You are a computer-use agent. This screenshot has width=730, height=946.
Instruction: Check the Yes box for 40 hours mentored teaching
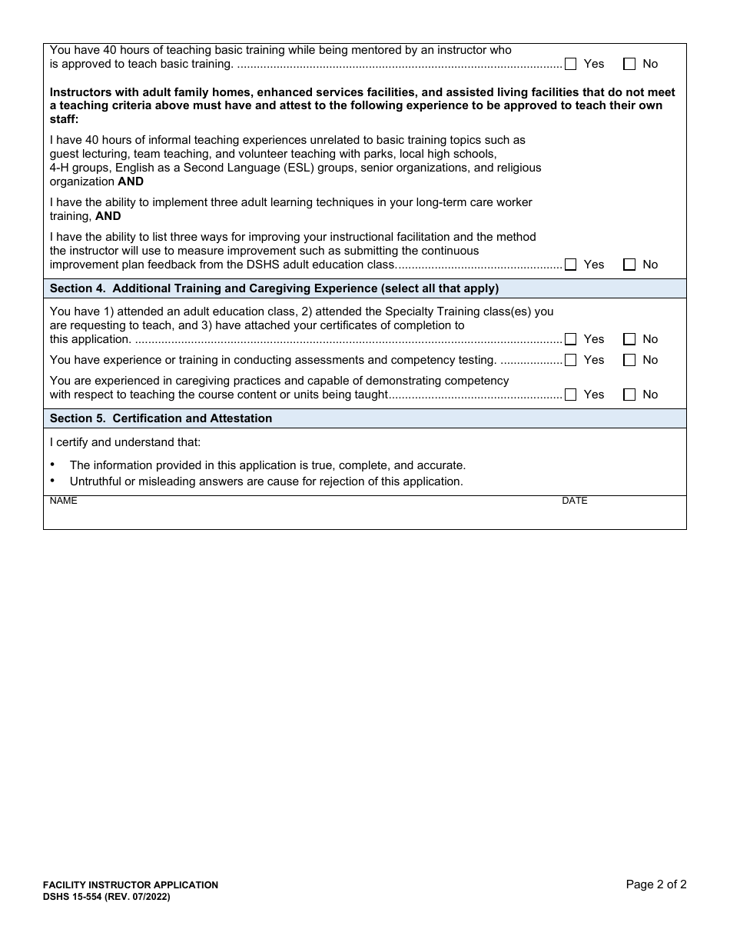(570, 65)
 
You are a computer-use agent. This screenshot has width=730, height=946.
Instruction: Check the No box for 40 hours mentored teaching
(629, 65)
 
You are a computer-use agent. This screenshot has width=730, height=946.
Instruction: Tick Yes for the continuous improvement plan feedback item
(570, 265)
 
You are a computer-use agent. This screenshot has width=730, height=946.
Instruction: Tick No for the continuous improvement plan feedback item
(629, 265)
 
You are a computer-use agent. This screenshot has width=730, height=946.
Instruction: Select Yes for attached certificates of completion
(570, 339)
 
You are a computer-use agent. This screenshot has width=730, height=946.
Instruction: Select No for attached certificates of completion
(629, 339)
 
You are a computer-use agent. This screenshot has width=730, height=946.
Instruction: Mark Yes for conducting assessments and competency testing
(570, 360)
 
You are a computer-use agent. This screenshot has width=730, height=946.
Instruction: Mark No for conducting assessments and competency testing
(629, 360)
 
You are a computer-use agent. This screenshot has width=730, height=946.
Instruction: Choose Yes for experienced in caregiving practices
(570, 395)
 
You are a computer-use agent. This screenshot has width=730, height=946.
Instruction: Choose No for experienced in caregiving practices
(629, 395)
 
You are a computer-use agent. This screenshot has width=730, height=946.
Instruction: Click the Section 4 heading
(274, 288)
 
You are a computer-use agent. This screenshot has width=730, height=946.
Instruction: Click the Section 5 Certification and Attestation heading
(161, 418)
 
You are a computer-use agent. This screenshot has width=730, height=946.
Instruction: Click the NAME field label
(63, 501)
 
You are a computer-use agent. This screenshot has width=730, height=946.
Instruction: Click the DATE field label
(574, 501)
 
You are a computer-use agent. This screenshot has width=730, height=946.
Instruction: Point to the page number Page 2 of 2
(655, 884)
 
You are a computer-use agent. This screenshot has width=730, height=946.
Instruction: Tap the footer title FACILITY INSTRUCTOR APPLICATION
(131, 885)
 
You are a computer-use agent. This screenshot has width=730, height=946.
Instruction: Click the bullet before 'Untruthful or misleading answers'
(52, 481)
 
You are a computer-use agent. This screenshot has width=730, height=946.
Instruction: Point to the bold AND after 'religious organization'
(131, 182)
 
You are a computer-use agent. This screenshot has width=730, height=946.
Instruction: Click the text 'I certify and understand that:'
(125, 442)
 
